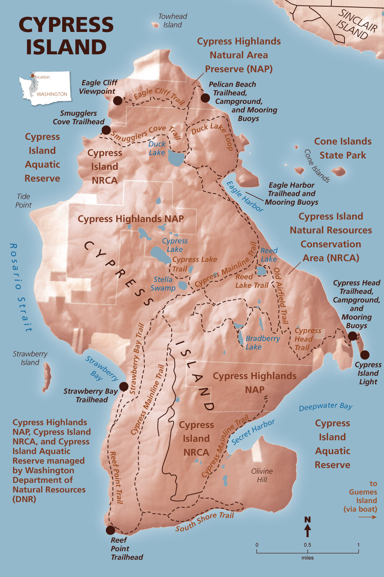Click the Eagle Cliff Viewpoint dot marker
pyautogui.click(x=118, y=101)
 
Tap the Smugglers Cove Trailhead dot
pyautogui.click(x=106, y=130)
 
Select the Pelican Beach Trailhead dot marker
pyautogui.click(x=205, y=98)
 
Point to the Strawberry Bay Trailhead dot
pyautogui.click(x=124, y=387)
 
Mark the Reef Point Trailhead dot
pyautogui.click(x=110, y=530)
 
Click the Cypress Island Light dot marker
pyautogui.click(x=365, y=355)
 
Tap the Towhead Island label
pyautogui.click(x=172, y=21)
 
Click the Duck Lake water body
pyautogui.click(x=177, y=158)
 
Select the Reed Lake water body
pyautogui.click(x=261, y=271)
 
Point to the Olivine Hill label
pyautogui.click(x=262, y=475)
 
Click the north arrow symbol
pyautogui.click(x=308, y=527)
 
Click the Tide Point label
pyautogui.click(x=23, y=201)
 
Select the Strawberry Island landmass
pyautogui.click(x=47, y=376)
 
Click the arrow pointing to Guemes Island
pyautogui.click(x=367, y=517)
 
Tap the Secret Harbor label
pyautogui.click(x=253, y=432)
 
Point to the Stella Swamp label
pyautogui.click(x=163, y=284)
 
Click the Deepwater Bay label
pyautogui.click(x=326, y=407)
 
